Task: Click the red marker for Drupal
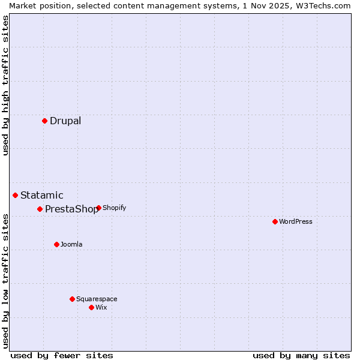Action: tap(44, 121)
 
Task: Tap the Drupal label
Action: tap(65, 121)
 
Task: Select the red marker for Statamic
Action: tap(15, 195)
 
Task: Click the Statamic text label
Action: tap(41, 196)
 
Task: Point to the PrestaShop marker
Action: tap(40, 209)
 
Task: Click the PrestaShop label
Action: tap(71, 209)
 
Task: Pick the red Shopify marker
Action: tap(98, 208)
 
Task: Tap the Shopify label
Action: tap(114, 208)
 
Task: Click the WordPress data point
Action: tap(275, 221)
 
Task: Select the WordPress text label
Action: tap(296, 222)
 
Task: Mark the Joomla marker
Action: tap(56, 244)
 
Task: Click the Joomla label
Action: tap(71, 245)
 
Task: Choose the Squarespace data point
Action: tap(72, 299)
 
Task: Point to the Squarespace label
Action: tap(97, 299)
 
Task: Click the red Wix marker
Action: tap(91, 307)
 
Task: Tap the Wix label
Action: tap(101, 308)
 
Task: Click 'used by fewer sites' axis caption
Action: tap(62, 355)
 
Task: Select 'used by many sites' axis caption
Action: tap(301, 355)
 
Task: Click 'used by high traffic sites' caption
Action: tap(5, 85)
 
